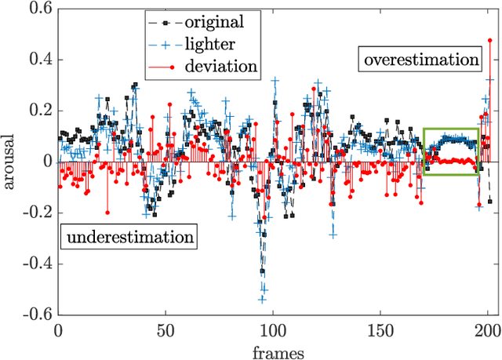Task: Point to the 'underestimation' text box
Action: (x=128, y=236)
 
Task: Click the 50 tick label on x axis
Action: (x=166, y=330)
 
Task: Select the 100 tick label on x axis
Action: (x=273, y=330)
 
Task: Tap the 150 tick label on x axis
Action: (x=380, y=330)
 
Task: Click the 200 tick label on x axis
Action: (x=487, y=330)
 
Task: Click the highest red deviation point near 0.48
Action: (x=489, y=39)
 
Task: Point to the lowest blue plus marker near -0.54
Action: (x=263, y=299)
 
